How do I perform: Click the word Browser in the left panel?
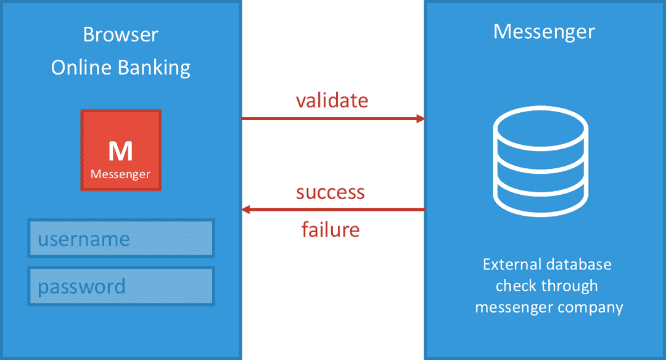point(121,35)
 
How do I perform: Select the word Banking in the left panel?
point(154,68)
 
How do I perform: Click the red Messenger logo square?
point(121,150)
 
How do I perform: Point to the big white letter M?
point(121,151)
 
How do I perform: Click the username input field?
point(121,239)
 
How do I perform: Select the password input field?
point(121,286)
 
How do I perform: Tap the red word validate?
point(332,100)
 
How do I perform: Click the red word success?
point(331,192)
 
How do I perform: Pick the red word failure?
point(331,229)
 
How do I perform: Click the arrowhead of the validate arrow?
point(421,118)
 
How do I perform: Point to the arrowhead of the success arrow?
point(245,210)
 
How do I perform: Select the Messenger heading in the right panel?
point(544,32)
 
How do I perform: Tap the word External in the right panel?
point(507,264)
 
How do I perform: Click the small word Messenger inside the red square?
point(121,174)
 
